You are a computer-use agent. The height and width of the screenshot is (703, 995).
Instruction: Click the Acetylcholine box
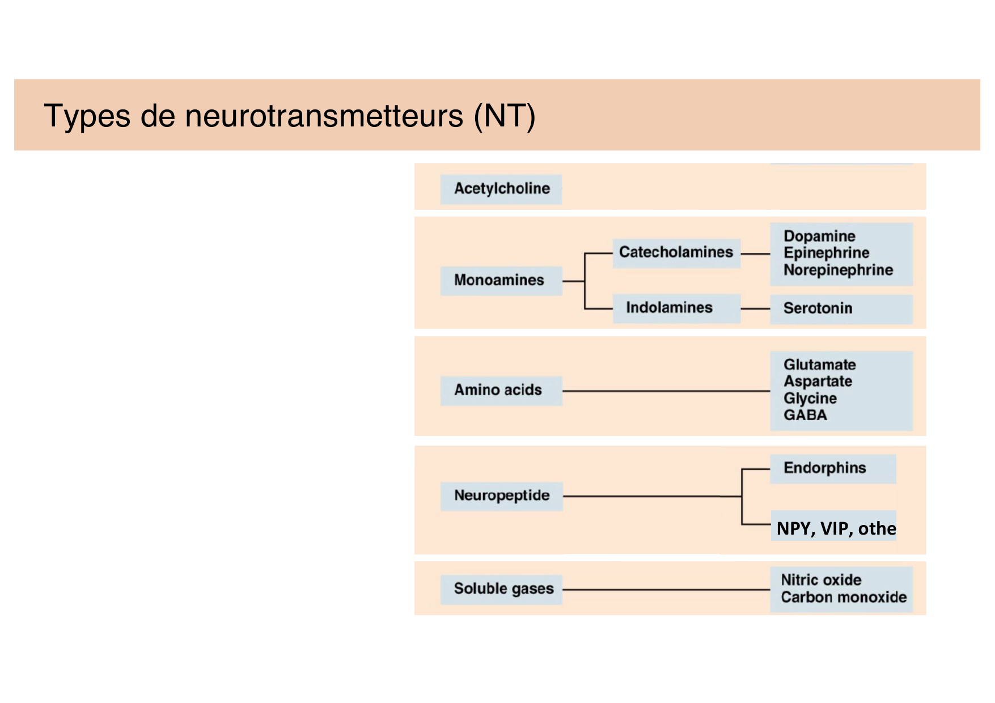pyautogui.click(x=502, y=189)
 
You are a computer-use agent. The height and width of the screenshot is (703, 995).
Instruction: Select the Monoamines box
pyautogui.click(x=499, y=280)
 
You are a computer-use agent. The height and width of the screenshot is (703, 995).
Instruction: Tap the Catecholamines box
pyautogui.click(x=676, y=252)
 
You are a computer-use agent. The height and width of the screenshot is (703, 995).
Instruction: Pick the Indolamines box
pyautogui.click(x=669, y=308)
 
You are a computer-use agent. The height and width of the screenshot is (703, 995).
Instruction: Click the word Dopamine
pyautogui.click(x=819, y=236)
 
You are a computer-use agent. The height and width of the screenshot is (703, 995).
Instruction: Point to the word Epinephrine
pyautogui.click(x=826, y=253)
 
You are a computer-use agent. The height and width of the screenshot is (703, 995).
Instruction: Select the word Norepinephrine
pyautogui.click(x=838, y=270)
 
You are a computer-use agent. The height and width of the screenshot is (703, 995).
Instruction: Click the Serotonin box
pyautogui.click(x=818, y=308)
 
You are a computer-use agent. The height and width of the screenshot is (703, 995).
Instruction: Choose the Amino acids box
pyautogui.click(x=498, y=390)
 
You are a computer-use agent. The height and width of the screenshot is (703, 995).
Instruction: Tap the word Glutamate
pyautogui.click(x=819, y=365)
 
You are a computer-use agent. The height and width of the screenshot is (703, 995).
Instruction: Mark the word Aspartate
pyautogui.click(x=818, y=382)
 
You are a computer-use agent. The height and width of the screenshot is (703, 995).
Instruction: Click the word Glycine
pyautogui.click(x=810, y=399)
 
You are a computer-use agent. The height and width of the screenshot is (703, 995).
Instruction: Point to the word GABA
pyautogui.click(x=805, y=415)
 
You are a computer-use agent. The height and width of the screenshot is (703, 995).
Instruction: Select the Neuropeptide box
pyautogui.click(x=502, y=496)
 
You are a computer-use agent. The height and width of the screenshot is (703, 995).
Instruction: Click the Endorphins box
pyautogui.click(x=824, y=468)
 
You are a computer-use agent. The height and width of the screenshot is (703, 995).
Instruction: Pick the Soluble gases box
pyautogui.click(x=503, y=588)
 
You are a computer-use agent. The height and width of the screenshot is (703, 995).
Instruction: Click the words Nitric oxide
pyautogui.click(x=821, y=580)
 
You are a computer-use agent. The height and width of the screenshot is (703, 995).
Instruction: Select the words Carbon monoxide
pyautogui.click(x=844, y=597)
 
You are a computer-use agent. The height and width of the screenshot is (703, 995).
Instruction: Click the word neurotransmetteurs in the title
pyautogui.click(x=324, y=116)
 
